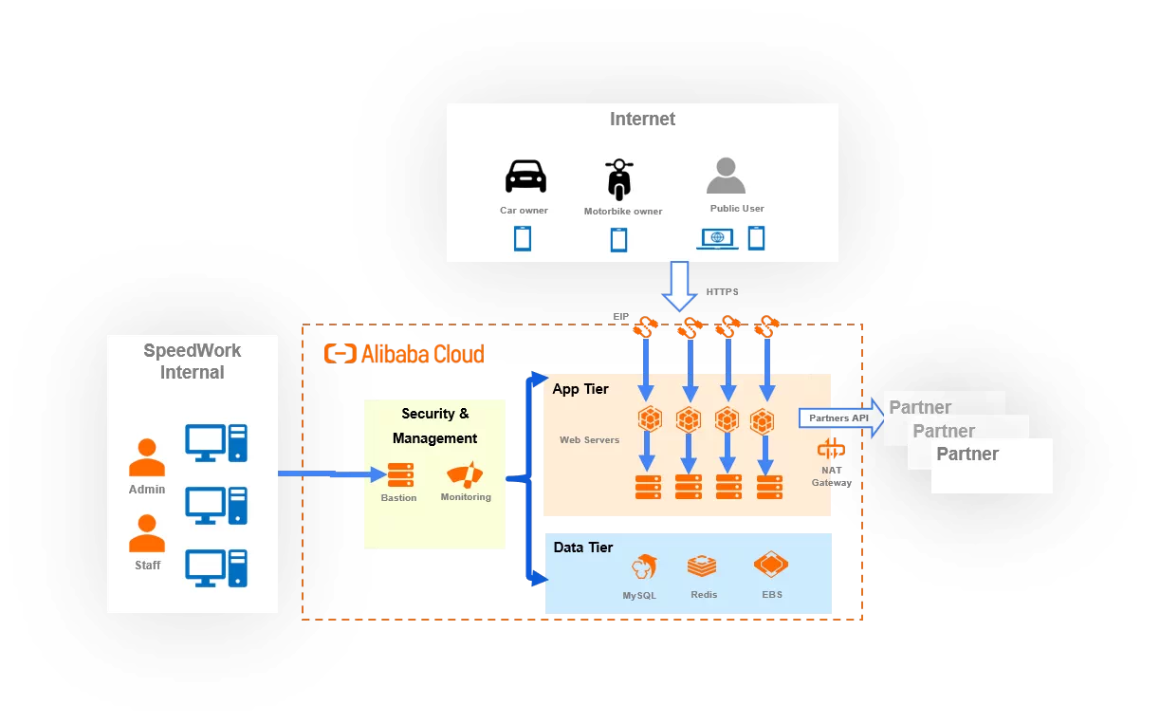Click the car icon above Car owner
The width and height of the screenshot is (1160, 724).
[525, 177]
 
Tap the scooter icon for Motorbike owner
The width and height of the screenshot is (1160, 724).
[618, 178]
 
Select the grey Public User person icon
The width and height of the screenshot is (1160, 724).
[726, 176]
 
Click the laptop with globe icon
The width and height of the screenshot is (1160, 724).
[717, 238]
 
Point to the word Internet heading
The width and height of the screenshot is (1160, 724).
[642, 120]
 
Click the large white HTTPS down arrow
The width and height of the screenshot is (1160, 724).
[680, 286]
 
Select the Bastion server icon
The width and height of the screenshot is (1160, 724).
[399, 475]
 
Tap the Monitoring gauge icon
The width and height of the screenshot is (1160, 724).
[465, 474]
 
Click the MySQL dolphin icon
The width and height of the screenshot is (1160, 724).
[646, 567]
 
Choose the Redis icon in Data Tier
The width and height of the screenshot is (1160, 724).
[702, 566]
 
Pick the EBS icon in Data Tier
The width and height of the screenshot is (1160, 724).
[771, 566]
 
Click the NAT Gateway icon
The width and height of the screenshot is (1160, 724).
[831, 450]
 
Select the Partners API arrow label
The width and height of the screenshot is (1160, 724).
[838, 418]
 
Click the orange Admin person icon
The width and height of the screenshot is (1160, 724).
[147, 457]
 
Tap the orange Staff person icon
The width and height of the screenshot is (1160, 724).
[147, 533]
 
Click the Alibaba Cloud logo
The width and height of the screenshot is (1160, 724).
[404, 354]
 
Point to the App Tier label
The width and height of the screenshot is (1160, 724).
[580, 389]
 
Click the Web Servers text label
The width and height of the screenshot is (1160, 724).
[589, 440]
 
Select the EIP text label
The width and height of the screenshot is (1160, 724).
[621, 317]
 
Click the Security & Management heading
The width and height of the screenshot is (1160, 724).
[435, 426]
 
